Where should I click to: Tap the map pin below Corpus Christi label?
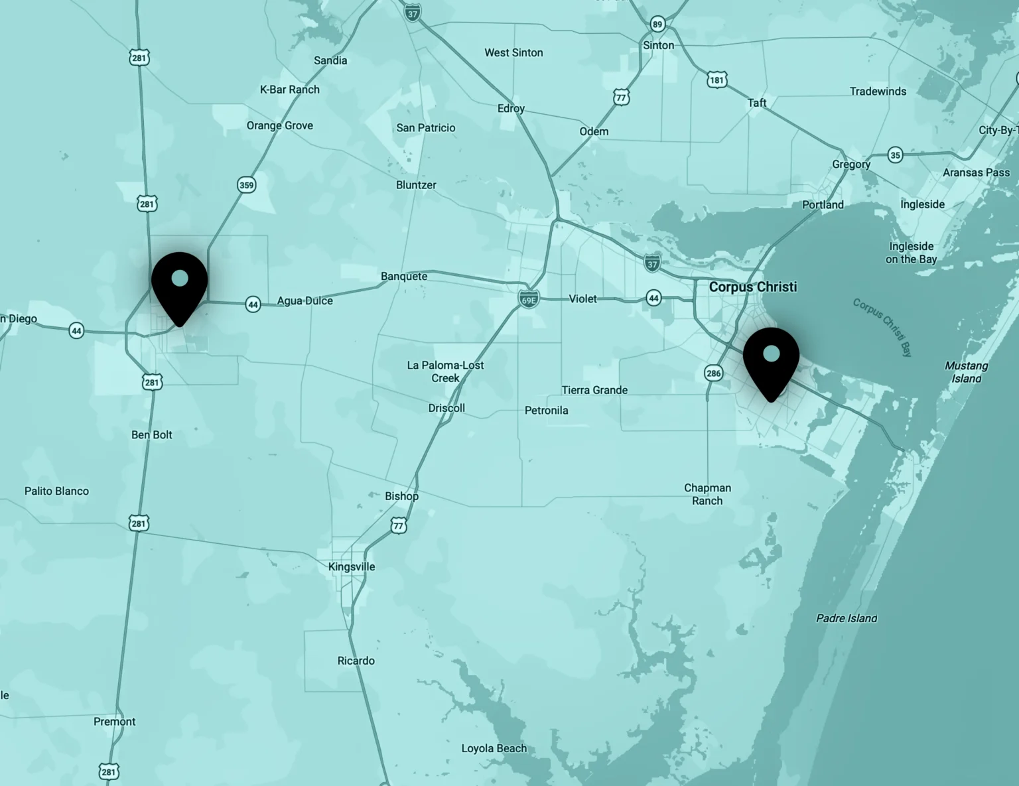771,361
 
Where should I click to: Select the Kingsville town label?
352,566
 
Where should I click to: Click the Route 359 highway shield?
247,185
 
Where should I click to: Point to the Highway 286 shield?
713,373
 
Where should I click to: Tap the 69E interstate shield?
529,300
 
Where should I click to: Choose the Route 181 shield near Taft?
716,80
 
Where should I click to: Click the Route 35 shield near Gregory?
896,155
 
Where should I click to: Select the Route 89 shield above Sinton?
657,25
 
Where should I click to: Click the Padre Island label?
847,618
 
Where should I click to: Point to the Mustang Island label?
966,372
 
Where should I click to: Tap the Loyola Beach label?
494,748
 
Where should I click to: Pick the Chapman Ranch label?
707,494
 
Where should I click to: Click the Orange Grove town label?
279,125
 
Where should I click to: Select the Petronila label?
546,410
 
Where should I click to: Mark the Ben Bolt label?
151,434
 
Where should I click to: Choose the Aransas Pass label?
976,172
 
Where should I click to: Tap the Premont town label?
114,722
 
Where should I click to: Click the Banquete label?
404,276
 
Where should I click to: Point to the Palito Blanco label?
56,491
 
